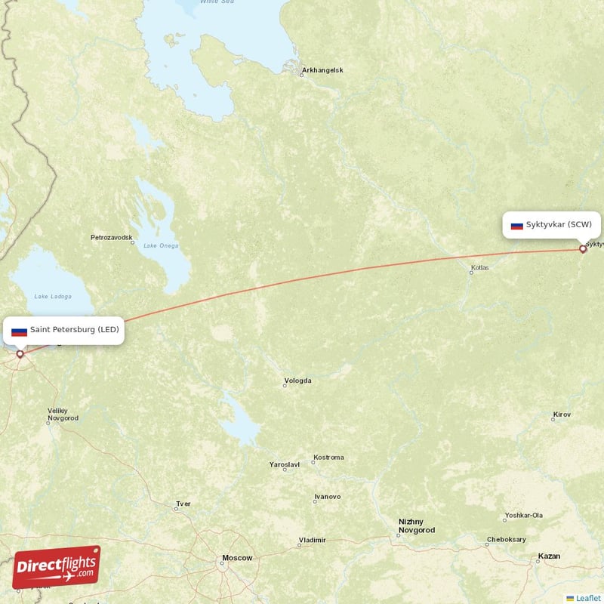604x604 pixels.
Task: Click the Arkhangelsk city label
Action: (x=322, y=71)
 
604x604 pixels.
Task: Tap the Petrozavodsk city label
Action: (x=112, y=237)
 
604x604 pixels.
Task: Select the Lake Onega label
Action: (x=161, y=245)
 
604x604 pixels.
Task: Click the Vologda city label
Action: (x=297, y=381)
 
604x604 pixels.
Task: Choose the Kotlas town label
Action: (x=479, y=267)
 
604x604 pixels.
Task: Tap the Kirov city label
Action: (x=562, y=414)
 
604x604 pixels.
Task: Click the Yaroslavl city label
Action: (x=285, y=464)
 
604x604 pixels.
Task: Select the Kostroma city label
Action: (x=328, y=458)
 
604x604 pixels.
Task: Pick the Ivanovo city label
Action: (x=327, y=497)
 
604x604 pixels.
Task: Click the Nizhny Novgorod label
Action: (x=417, y=525)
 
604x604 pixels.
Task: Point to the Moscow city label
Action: (x=236, y=558)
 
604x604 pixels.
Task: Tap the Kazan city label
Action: (x=549, y=556)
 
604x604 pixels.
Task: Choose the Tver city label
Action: (x=183, y=504)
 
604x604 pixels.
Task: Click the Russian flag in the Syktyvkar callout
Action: (x=517, y=225)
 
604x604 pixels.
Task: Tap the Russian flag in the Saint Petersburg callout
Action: (x=19, y=330)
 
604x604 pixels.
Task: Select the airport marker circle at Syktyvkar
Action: (x=583, y=248)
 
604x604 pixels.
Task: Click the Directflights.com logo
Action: (x=57, y=567)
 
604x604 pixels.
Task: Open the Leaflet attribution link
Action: (x=588, y=598)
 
